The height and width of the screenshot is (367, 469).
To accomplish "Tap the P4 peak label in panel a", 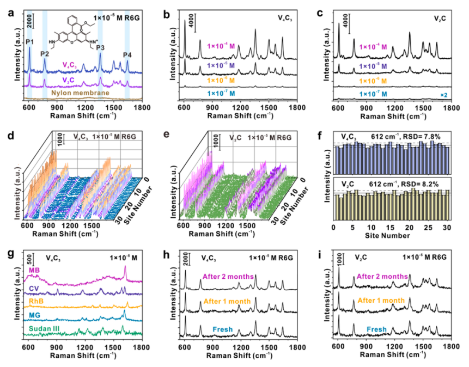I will pyautogui.click(x=127, y=54).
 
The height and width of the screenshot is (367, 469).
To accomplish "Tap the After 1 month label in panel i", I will pyautogui.click(x=382, y=301).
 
